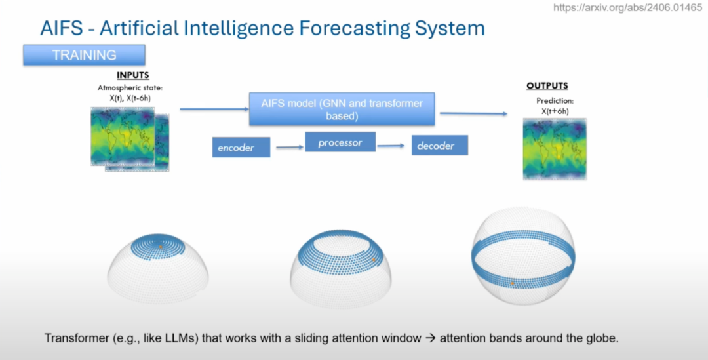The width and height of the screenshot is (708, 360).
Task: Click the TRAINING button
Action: point(84,55)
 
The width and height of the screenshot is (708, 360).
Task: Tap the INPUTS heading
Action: point(133,75)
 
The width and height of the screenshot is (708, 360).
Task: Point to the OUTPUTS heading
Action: point(547,86)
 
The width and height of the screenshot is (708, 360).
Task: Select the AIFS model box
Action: point(342,110)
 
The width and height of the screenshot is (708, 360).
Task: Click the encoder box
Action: point(241,148)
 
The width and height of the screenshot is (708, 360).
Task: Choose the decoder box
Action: point(439,146)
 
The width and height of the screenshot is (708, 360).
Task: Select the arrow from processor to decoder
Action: point(392,146)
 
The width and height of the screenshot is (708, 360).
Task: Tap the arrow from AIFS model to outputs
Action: point(473,113)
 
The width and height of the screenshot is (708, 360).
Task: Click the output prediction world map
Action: point(555,149)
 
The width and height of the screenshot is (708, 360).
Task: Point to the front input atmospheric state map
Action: point(123,136)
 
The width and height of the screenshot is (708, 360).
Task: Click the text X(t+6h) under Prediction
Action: point(555,111)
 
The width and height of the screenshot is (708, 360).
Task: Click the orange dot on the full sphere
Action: point(512,283)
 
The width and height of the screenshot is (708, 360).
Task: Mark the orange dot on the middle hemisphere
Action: point(374,260)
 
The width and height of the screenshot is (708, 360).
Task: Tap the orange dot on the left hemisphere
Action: point(161,247)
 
